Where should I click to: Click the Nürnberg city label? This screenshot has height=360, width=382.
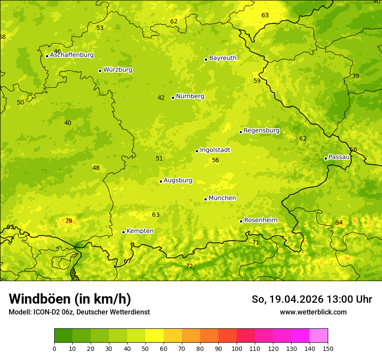coord(190,96)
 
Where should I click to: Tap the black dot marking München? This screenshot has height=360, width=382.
coord(205,199)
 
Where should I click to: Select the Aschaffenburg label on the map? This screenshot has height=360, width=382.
coord(72,55)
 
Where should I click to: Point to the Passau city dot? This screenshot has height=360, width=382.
coord(326,158)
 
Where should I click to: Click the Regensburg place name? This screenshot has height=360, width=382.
coord(261,131)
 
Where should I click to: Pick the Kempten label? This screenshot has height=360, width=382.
coord(140,231)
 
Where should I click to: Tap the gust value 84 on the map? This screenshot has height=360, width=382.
coord(339,223)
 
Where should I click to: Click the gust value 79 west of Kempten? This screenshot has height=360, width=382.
coord(69,221)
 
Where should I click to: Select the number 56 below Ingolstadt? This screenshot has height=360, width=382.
coord(215,160)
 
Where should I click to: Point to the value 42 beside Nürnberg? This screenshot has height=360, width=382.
coord(161,98)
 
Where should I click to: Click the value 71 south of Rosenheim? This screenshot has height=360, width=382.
coord(256,243)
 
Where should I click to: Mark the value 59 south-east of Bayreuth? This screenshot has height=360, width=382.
coord(257,81)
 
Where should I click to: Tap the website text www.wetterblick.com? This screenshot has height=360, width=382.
coord(313,312)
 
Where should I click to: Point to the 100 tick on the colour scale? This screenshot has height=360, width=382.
coord(237,348)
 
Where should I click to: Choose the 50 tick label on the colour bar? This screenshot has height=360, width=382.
coord(145,348)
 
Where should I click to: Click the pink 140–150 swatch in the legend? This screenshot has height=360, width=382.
coord(319,336)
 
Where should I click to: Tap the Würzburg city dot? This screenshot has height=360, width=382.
coord(100,71)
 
